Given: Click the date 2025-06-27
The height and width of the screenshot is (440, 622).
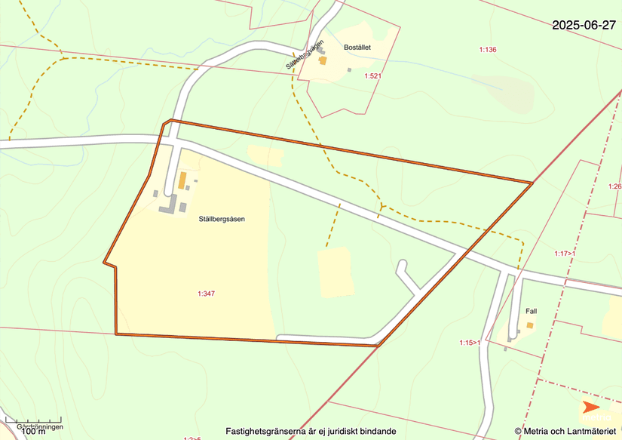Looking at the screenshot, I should [x=584, y=25].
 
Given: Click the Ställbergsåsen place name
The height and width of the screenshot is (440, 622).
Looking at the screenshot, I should [x=222, y=220].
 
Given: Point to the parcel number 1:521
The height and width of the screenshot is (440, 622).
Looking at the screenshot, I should [x=372, y=76].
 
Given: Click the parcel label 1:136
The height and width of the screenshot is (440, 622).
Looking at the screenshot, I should [x=488, y=50].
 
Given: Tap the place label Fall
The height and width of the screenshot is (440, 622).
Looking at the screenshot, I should [x=531, y=311].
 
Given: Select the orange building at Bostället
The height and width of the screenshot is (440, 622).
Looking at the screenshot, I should [x=323, y=60].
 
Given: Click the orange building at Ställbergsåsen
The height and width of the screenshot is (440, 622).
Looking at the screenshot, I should [x=182, y=180].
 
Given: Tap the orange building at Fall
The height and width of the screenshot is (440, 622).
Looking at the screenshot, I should [x=530, y=326].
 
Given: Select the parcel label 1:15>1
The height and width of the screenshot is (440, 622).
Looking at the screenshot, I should [x=470, y=343].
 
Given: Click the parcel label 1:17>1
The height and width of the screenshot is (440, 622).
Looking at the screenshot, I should [x=565, y=254].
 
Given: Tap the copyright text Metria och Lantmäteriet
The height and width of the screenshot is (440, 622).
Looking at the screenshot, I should [x=565, y=431].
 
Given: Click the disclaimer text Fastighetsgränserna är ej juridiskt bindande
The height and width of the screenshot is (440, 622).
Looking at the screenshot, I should [x=311, y=431].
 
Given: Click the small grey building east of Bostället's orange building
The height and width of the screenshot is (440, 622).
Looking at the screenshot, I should [x=349, y=70].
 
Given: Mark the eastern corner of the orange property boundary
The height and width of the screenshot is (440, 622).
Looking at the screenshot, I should [x=532, y=183].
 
